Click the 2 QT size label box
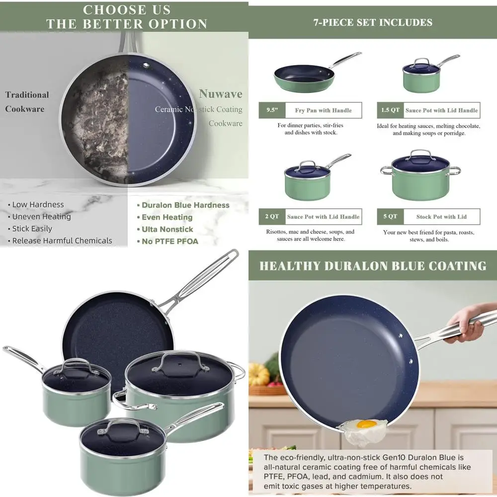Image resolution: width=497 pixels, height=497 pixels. click(271, 217)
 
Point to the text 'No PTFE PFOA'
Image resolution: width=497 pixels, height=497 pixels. click(169, 242)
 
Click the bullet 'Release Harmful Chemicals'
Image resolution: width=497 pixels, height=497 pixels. click(62, 241)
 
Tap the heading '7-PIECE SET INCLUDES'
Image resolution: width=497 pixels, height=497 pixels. click(373, 22)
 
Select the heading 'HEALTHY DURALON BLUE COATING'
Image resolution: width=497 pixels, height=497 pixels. click(373, 266)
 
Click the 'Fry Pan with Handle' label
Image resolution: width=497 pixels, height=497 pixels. click(323, 110)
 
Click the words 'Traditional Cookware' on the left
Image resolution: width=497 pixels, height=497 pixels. click(27, 102)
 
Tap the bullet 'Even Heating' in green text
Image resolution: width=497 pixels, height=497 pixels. click(167, 217)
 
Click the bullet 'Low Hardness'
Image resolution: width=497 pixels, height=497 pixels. click(38, 205)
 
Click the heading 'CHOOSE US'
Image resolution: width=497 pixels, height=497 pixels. click(127, 10)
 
